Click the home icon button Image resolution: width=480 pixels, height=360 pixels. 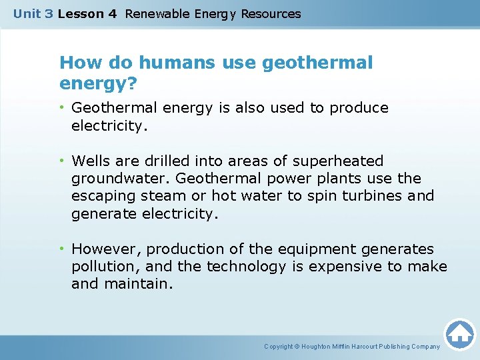tap(459, 334)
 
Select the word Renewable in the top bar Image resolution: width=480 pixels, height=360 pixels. tap(157, 13)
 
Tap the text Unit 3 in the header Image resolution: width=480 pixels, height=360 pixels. tap(33, 13)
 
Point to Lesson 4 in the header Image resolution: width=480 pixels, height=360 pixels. tap(87, 13)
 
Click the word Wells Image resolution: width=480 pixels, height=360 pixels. tap(91, 161)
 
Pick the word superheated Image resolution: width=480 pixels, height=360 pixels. tap(339, 161)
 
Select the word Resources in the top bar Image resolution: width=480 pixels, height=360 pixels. tap(271, 13)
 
